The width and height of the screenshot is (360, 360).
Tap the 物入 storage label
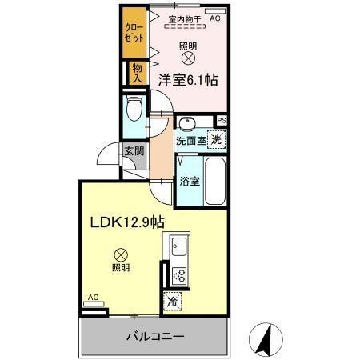pyautogui.click(x=137, y=74)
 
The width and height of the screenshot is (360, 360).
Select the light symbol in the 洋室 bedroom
pyautogui.click(x=188, y=58)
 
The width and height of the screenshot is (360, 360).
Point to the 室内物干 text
pyautogui.click(x=184, y=18)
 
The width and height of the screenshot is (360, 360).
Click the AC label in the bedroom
pyautogui.click(x=214, y=17)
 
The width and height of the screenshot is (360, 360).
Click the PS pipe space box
pyautogui.click(x=222, y=121)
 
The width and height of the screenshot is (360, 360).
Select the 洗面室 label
pyautogui.click(x=191, y=140)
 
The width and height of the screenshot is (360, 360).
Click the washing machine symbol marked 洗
pyautogui.click(x=215, y=138)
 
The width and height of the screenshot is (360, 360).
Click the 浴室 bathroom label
pyautogui.click(x=190, y=180)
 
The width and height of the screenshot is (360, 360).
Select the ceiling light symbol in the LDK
pyautogui.click(x=120, y=250)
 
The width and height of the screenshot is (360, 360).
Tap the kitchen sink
pyautogui.click(x=177, y=246)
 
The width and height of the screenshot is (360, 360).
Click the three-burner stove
pyautogui.click(x=178, y=276)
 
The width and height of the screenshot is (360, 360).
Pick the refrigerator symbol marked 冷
pyautogui.click(x=174, y=302)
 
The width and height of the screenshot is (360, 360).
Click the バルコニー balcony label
pyautogui.click(x=154, y=336)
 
